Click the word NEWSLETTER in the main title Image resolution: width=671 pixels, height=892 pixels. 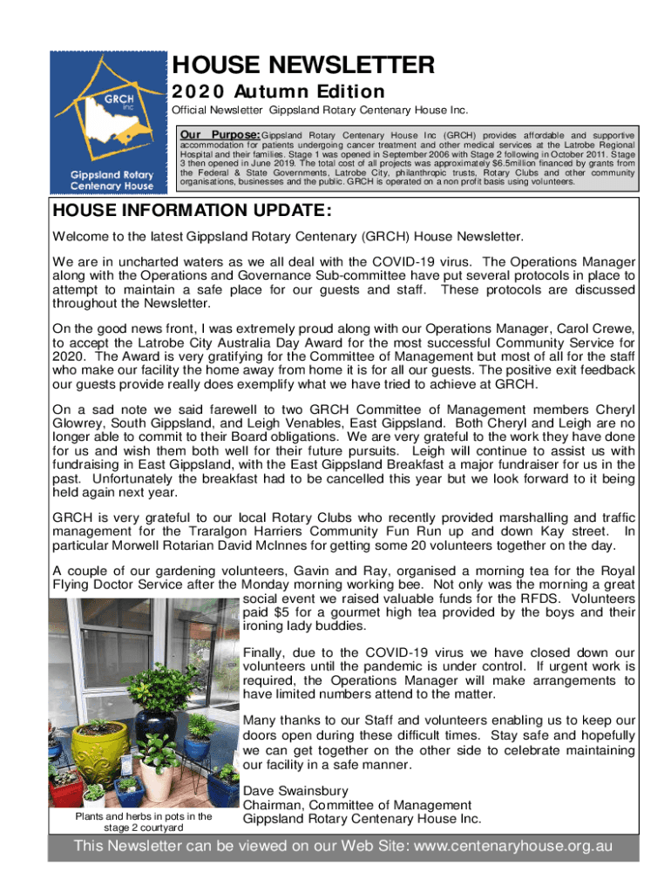pyautogui.click(x=349, y=64)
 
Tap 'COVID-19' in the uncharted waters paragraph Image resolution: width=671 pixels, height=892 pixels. pyautogui.click(x=402, y=261)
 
